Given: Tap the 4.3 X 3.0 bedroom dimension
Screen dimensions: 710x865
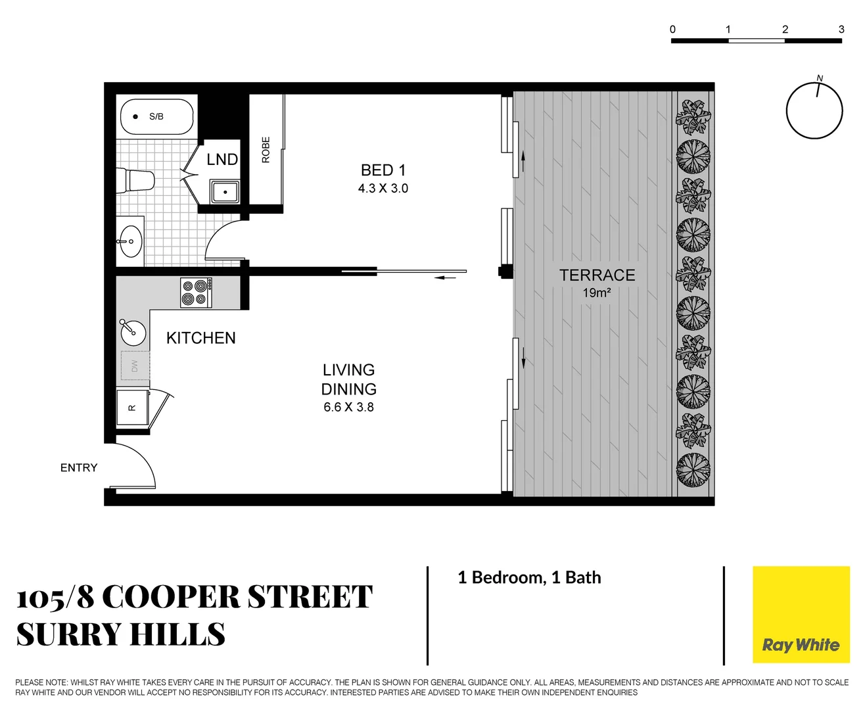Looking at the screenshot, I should click(383, 189).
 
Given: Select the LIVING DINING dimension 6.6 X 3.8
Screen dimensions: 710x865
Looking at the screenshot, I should click(348, 408).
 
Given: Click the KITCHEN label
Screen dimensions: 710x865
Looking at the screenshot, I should click(200, 338).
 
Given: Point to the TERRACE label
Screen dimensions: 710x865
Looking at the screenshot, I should click(597, 275).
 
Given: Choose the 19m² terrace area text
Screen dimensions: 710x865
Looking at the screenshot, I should click(597, 293).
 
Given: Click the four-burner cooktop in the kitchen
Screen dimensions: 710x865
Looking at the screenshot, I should click(197, 293).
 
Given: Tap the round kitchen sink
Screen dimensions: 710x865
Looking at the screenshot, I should click(133, 333).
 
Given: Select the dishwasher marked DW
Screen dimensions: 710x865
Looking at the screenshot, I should click(135, 366).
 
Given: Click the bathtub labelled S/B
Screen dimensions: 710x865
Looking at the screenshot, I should click(156, 117).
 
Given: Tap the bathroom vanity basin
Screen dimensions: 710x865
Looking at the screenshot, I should click(130, 242).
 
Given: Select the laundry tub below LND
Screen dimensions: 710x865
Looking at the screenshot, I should click(225, 192).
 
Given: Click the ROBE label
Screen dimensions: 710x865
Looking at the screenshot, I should click(266, 150).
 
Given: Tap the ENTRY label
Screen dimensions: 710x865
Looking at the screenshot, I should click(78, 468).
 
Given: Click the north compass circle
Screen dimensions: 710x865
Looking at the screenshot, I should click(814, 110).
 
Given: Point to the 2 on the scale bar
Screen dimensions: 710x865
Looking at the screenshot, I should click(785, 30).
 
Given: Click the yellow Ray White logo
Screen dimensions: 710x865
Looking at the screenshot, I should click(801, 615).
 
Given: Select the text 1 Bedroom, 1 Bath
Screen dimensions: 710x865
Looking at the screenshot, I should click(529, 578).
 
